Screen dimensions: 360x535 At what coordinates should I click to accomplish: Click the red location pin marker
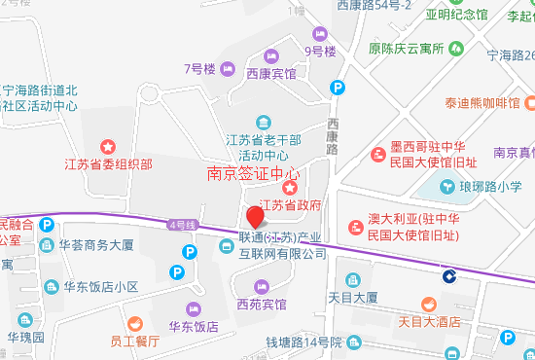[x=254, y=217]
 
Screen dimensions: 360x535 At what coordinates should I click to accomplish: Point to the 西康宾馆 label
[x=271, y=73]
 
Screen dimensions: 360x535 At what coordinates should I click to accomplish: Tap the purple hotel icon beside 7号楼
[x=228, y=68]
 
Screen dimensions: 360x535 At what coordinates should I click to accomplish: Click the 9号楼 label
[x=319, y=51]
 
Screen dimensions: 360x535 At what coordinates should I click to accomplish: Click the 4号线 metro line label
[x=182, y=225]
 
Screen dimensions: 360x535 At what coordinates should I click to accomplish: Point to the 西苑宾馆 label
[x=262, y=305]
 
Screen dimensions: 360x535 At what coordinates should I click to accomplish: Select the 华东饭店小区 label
[x=98, y=287]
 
